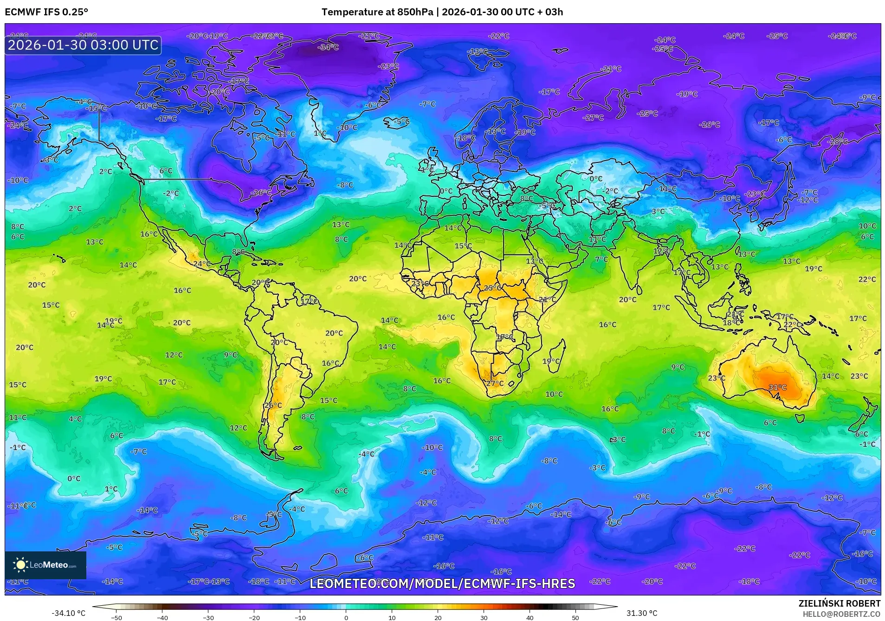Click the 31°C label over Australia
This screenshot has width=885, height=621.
click(778, 387)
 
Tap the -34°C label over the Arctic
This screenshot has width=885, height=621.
click(328, 47)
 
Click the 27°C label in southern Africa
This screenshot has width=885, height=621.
click(495, 383)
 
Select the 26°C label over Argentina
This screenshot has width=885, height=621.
click(273, 405)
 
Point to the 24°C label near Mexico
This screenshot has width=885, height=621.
click(201, 264)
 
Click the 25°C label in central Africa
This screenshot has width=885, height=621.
click(492, 288)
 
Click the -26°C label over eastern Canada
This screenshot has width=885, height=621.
click(261, 193)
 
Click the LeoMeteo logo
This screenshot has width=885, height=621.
click(45, 565)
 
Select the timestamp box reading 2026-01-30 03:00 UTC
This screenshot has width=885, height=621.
click(83, 45)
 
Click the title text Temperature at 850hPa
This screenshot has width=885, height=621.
click(377, 12)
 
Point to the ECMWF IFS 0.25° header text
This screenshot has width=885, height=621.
click(46, 12)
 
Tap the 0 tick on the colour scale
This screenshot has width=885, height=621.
click(346, 617)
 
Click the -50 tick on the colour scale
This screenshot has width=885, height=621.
click(116, 617)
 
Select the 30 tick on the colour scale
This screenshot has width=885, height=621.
click(484, 617)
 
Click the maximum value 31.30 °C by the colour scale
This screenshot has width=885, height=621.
click(642, 613)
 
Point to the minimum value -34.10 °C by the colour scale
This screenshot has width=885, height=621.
click(68, 613)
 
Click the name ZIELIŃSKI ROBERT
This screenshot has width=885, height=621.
click(839, 603)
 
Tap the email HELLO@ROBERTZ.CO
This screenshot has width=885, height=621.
click(841, 614)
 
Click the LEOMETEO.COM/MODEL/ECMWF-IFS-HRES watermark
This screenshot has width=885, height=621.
click(442, 583)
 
